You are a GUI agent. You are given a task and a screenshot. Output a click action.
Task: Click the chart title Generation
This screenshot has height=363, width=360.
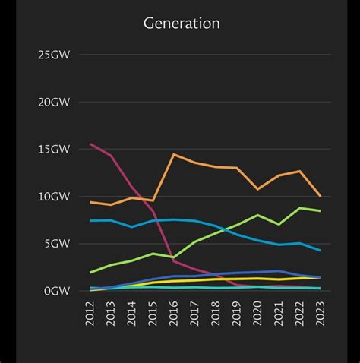[x=182, y=24]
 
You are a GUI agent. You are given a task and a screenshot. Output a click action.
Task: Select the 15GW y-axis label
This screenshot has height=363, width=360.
[x=54, y=149]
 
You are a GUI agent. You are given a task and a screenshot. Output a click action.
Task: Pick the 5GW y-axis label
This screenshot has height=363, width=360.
[x=56, y=244]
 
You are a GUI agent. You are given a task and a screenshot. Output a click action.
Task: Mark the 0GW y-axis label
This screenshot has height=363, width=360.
[x=56, y=291]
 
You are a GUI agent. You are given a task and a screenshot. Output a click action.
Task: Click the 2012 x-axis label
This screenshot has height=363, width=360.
[x=91, y=312]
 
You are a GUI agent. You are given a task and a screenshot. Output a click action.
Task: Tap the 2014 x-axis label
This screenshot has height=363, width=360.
[x=132, y=312]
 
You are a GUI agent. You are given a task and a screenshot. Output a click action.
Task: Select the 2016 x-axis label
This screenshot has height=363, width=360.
[x=174, y=312]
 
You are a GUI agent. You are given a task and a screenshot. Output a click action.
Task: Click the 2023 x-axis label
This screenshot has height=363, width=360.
[x=319, y=312]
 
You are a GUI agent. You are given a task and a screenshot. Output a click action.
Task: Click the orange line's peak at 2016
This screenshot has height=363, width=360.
[x=174, y=154]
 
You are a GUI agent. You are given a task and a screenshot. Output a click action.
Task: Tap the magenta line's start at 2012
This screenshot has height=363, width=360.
[x=91, y=144]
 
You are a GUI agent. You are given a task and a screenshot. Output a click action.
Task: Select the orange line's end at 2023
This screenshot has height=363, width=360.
[x=319, y=196]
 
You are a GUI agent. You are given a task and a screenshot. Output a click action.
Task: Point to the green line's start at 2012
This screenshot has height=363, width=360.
[x=91, y=272]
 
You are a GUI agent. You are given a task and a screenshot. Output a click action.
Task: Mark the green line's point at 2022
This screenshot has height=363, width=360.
[x=298, y=208]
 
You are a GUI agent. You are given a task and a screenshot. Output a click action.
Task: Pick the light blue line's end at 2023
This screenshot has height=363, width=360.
[x=319, y=250]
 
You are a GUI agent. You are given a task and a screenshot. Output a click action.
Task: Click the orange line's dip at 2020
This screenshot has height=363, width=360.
[x=257, y=189]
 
